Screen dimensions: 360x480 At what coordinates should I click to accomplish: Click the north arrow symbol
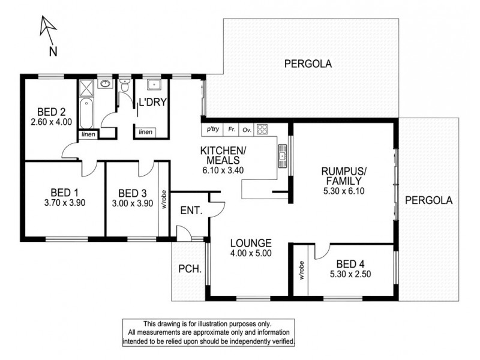(x=47, y=30)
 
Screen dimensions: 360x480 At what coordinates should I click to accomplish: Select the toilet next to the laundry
(x=124, y=88)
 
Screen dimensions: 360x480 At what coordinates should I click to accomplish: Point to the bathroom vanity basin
(x=106, y=84)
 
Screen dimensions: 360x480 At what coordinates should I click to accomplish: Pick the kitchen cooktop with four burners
(x=262, y=129)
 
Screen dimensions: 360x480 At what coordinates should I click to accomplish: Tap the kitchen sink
(x=281, y=157)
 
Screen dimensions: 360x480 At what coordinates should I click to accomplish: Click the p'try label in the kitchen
(x=212, y=129)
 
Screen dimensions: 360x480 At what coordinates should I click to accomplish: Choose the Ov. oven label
(x=246, y=129)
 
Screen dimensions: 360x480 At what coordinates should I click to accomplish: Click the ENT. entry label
(x=190, y=211)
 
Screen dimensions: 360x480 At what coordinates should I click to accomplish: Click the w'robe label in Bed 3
(x=163, y=198)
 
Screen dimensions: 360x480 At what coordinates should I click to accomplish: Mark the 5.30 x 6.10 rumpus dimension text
(x=343, y=191)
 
